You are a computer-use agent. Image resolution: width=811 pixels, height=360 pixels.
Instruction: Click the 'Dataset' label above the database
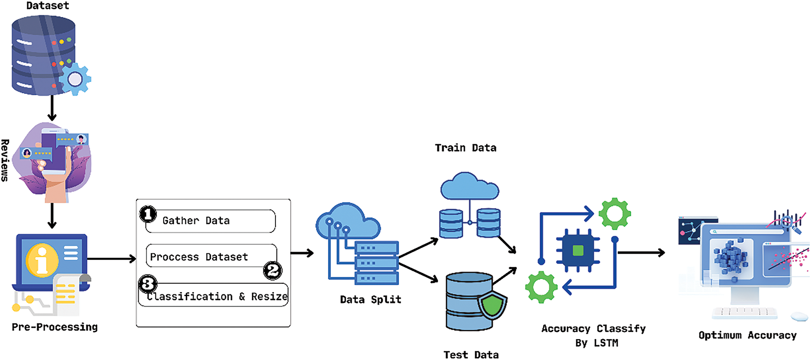48,6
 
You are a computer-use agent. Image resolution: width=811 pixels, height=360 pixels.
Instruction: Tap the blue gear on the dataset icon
75,79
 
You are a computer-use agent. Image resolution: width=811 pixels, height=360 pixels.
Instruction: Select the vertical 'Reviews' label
5,160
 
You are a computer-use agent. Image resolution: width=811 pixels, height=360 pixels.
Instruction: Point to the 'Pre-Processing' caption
55,327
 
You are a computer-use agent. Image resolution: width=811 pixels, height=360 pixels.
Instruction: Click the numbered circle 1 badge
148,214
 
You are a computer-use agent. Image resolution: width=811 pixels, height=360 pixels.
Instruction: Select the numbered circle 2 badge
273,270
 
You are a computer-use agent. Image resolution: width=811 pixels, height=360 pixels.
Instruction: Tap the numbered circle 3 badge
148,284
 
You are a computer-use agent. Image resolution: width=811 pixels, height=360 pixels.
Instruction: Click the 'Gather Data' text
196,221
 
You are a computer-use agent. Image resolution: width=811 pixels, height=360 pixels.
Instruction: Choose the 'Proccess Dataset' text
199,257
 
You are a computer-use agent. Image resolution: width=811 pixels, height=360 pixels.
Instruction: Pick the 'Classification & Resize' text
217,297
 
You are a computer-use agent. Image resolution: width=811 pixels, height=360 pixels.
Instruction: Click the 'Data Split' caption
371,299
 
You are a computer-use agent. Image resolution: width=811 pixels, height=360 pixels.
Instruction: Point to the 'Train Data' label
466,148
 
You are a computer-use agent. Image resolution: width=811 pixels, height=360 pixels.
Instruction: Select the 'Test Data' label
471,354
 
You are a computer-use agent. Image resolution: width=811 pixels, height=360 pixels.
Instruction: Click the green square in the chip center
578,251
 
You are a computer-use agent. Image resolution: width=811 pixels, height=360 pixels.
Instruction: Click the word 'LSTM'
606,343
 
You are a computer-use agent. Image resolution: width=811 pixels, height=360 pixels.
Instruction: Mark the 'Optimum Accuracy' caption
747,336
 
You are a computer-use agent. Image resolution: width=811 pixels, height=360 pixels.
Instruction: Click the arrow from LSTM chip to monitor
641,253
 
